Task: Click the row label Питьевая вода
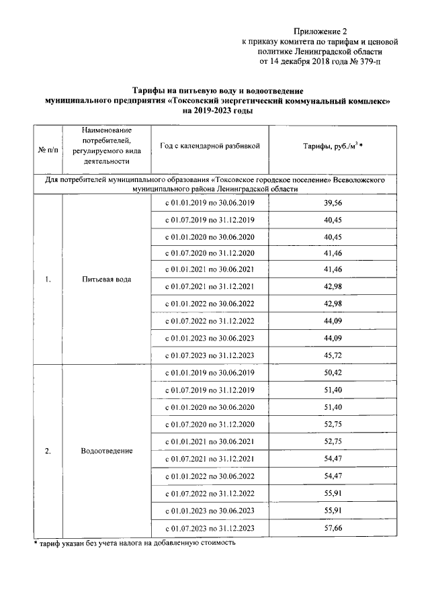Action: (x=107, y=279)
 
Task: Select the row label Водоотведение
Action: (x=107, y=451)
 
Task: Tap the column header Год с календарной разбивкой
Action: (x=210, y=145)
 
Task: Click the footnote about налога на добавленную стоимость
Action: (x=134, y=542)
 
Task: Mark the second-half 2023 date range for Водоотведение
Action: (x=210, y=528)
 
